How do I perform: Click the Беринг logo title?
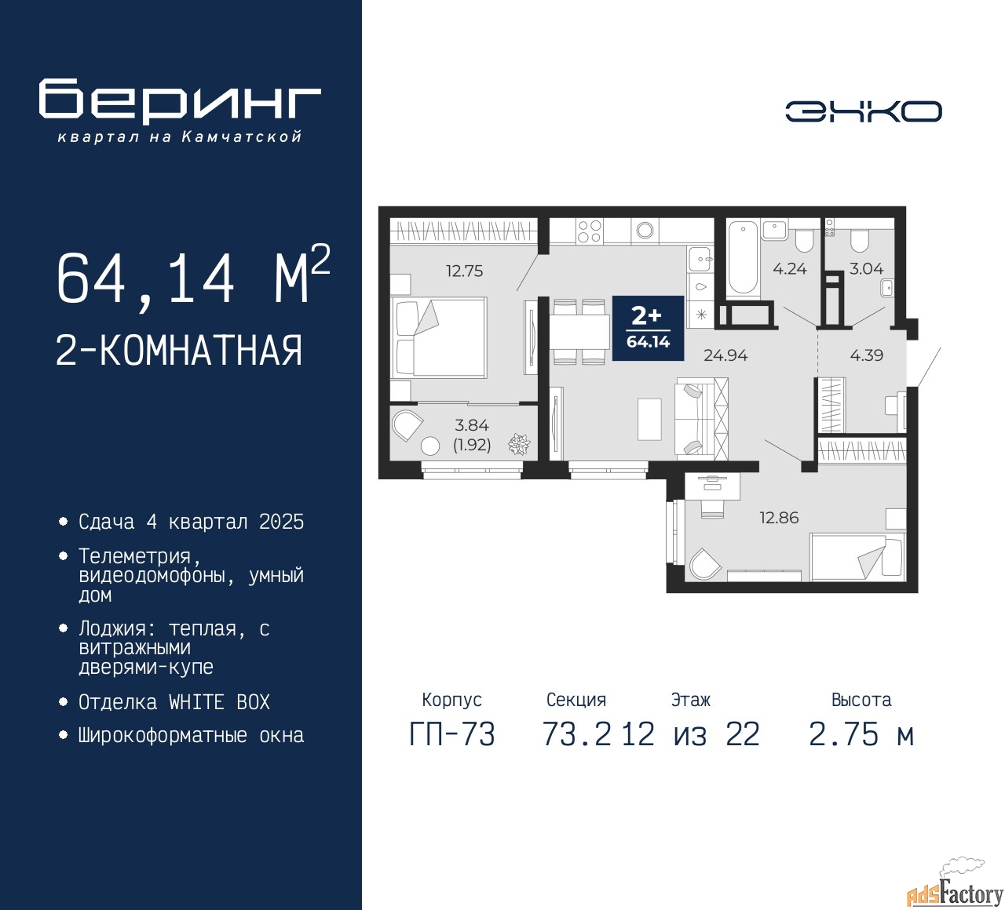(x=180, y=101)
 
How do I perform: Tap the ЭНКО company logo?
(x=863, y=111)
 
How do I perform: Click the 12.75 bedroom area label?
(x=464, y=271)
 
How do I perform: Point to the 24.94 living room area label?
(x=725, y=355)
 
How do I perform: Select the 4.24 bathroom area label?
(x=789, y=269)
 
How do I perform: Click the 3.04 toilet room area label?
(x=866, y=269)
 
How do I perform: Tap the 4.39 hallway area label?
(x=866, y=355)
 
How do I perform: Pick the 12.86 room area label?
(x=778, y=518)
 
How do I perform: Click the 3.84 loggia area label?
(x=472, y=425)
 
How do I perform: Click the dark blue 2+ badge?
(x=648, y=328)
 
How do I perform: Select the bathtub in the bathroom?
(x=742, y=258)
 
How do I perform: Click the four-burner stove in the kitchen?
(x=589, y=231)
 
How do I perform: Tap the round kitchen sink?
(x=645, y=231)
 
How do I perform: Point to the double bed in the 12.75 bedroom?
(x=440, y=337)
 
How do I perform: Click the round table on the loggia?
(x=430, y=446)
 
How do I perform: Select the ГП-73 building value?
(x=452, y=735)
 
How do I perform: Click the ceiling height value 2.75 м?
(x=861, y=735)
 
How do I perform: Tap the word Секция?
(x=576, y=700)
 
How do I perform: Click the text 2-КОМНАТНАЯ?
(x=179, y=351)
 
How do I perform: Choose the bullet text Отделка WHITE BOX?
(x=174, y=702)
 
